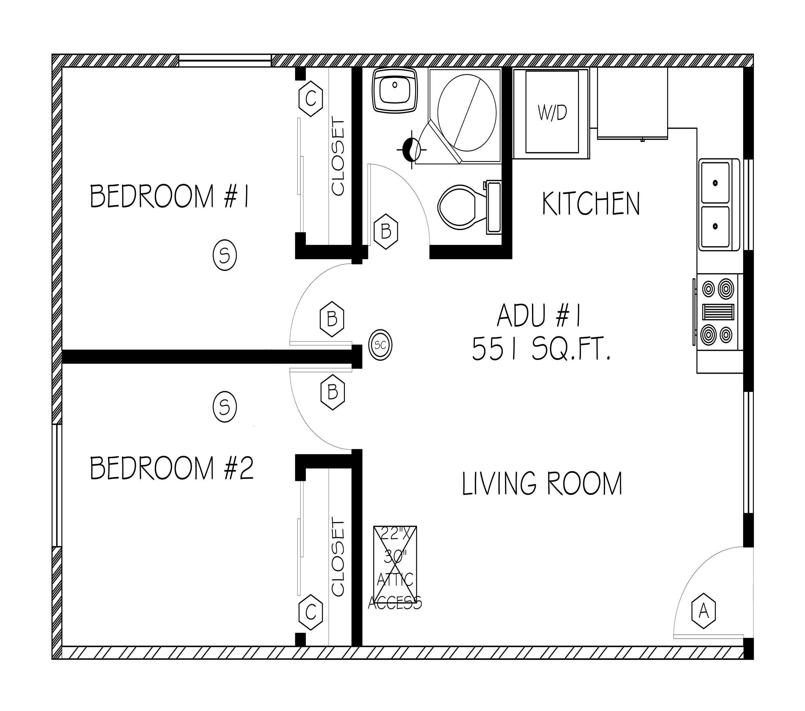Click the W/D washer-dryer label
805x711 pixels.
pos(552,113)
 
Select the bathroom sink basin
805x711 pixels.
pos(395,90)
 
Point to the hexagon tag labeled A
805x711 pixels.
pos(703,611)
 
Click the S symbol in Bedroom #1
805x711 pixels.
pos(224,256)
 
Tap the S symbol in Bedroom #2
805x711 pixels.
pos(224,407)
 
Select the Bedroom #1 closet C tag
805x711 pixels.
pos(311,98)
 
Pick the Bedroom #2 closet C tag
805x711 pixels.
pos(311,612)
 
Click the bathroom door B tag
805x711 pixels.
pos(386,231)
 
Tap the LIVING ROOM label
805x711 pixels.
pos(542,483)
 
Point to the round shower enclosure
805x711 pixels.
pos(467,113)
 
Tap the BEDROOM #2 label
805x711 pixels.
pos(172,468)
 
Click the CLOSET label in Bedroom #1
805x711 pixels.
pos(338,155)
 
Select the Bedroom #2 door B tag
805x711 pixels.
pos(333,392)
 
